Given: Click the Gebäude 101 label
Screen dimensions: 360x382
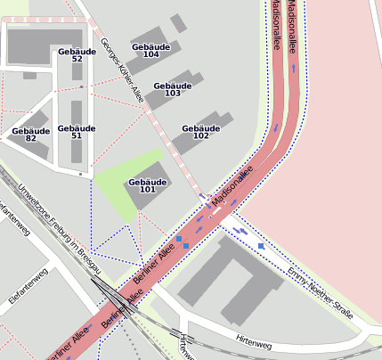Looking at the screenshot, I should click(x=147, y=185).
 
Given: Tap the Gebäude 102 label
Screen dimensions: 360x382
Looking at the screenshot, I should click(x=200, y=132).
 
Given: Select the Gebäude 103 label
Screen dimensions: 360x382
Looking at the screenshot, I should click(x=173, y=89).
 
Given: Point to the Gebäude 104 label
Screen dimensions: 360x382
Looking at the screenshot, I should click(x=150, y=50).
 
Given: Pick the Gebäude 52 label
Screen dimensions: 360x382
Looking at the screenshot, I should click(x=77, y=55).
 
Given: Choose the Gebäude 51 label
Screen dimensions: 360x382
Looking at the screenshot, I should click(x=77, y=132).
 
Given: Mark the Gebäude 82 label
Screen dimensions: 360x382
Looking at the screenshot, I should click(x=30, y=135).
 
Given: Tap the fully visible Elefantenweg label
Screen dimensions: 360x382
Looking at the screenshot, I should click(x=27, y=288).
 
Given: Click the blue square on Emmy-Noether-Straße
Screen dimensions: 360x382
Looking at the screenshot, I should click(x=261, y=246).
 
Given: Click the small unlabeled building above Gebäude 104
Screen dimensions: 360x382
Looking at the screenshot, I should click(x=178, y=22).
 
